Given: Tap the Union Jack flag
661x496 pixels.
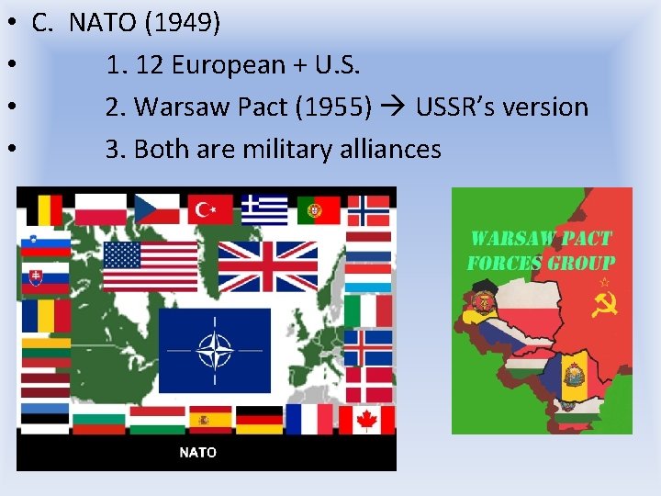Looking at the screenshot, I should tap(267, 265).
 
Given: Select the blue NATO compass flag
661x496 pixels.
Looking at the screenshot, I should tap(215, 350).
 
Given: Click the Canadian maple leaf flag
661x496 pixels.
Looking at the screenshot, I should tap(367, 419).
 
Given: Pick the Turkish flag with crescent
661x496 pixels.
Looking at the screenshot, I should tap(210, 209).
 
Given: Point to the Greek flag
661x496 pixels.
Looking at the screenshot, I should tap(264, 209).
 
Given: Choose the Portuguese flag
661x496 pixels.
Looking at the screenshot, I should tap(318, 209).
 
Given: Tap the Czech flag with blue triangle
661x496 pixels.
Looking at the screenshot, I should tap(157, 209).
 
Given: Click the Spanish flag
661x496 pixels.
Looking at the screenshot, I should tap(210, 419).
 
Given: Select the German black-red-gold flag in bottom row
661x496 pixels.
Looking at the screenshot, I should tap(260, 419).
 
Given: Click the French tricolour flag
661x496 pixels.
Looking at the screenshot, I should tap(311, 419).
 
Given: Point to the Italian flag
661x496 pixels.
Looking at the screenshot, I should tap(368, 311).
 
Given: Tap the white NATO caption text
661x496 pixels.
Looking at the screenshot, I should tap(197, 452).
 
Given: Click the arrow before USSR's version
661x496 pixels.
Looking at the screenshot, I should tap(394, 107).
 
